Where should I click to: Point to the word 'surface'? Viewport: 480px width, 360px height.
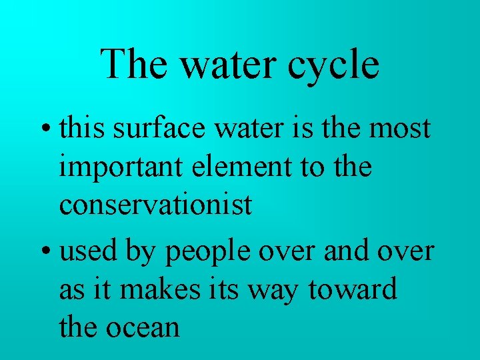[150, 127]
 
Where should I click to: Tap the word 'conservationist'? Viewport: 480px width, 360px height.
[156, 205]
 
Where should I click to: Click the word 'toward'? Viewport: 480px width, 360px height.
[353, 290]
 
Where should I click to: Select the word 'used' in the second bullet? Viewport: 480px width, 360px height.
[85, 251]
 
